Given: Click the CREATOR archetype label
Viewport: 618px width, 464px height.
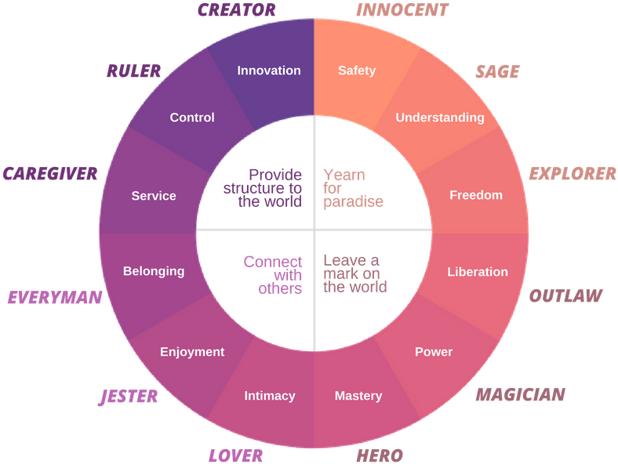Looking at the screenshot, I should [x=236, y=10].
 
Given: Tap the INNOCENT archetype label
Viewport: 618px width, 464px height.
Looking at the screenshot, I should [x=402, y=10].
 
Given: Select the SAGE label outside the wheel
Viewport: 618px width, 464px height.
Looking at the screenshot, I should [x=497, y=72].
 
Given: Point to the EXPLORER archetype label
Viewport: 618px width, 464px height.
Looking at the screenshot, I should [x=572, y=174].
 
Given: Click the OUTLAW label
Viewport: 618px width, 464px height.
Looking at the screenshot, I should [x=565, y=296].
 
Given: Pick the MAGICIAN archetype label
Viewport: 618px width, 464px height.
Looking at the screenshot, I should [x=520, y=395].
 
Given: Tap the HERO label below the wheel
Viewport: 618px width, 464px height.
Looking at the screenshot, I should [x=380, y=455].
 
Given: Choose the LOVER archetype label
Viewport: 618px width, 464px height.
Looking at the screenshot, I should [x=234, y=455].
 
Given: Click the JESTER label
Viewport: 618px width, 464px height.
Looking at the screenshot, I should [x=128, y=397].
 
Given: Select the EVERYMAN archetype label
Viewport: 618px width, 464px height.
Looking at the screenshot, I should [x=55, y=298].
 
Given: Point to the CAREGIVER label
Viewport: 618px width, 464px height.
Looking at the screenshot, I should [x=50, y=174].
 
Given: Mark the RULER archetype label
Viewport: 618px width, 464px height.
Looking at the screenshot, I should [x=133, y=72].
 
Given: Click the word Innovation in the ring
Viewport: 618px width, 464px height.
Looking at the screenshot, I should [x=269, y=71].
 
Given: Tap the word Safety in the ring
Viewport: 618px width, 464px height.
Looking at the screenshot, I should [x=357, y=71].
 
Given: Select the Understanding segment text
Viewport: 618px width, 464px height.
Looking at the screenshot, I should [x=440, y=118].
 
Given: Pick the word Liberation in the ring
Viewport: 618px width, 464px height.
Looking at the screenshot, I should [x=478, y=272].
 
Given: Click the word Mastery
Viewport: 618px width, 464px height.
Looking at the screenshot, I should [x=358, y=396].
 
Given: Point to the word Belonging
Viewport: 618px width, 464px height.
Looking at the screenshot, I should [x=154, y=271].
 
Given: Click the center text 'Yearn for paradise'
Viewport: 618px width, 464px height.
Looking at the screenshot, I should [x=353, y=188].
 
